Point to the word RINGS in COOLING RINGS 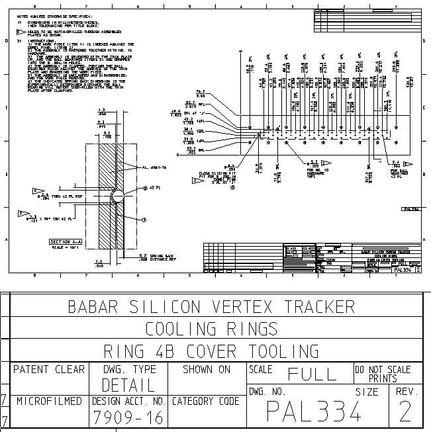(249, 329)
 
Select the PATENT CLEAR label (49, 369)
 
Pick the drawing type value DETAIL (128, 385)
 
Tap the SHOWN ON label (207, 369)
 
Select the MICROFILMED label (49, 401)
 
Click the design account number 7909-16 (128, 417)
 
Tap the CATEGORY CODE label (206, 401)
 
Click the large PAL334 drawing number (314, 413)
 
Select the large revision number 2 (406, 413)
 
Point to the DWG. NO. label (267, 392)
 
